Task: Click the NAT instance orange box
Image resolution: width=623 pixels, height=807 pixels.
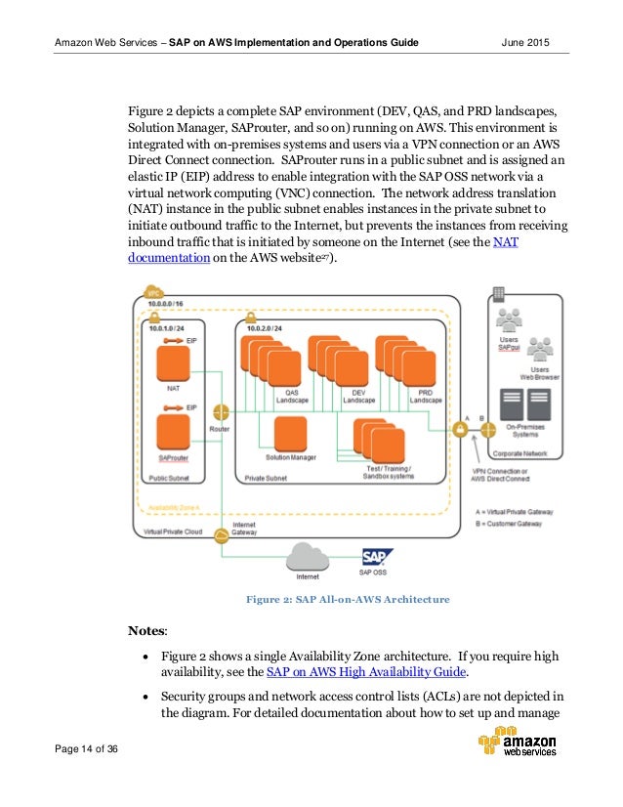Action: [x=174, y=362]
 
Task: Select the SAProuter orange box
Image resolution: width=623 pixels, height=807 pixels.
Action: [x=174, y=433]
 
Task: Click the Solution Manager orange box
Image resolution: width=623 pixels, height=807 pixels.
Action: [x=290, y=435]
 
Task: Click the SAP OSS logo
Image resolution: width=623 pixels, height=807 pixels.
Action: [x=376, y=557]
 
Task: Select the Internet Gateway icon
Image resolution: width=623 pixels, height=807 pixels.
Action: [x=222, y=533]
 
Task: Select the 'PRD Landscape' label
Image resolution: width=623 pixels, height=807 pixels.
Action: [x=425, y=396]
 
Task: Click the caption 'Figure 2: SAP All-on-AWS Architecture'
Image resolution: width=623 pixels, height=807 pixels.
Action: [x=347, y=599]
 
